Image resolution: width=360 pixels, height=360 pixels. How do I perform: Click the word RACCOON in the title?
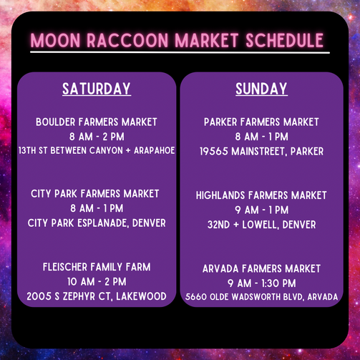[x=127, y=40]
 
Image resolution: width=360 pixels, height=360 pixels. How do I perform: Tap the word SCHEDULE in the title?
[x=284, y=40]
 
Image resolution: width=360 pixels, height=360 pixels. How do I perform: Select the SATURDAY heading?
[x=97, y=89]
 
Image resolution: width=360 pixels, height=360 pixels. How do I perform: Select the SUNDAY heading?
[x=261, y=89]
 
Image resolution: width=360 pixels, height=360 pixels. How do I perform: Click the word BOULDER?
[x=56, y=122]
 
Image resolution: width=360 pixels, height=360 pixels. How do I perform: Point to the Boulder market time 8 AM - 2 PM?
[x=97, y=137]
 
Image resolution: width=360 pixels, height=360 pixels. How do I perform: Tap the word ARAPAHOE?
[x=155, y=150]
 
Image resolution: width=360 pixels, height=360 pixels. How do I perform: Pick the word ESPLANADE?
[x=103, y=223]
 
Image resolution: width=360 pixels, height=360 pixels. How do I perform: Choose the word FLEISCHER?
[x=65, y=267]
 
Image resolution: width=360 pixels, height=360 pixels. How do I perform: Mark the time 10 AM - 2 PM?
[x=97, y=282]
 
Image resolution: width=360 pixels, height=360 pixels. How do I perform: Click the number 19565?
[x=214, y=152]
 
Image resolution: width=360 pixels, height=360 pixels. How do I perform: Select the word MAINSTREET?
[x=259, y=152]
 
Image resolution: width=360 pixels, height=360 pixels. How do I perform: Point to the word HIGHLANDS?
[x=220, y=195]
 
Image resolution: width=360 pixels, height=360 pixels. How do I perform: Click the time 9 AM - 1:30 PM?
[x=262, y=283]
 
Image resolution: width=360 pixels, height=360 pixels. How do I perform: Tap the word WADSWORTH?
[x=257, y=297]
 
